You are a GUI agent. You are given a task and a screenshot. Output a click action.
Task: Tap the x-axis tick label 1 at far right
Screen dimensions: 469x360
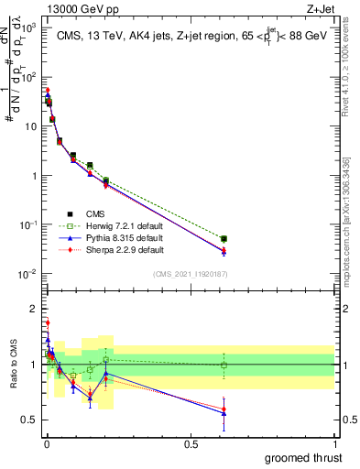pyautogui.click(x=335, y=443)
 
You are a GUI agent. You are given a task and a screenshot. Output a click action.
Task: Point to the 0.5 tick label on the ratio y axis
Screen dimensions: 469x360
pyautogui.click(x=29, y=420)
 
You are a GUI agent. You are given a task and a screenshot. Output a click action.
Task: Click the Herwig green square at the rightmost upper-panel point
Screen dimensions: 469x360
pyautogui.click(x=224, y=239)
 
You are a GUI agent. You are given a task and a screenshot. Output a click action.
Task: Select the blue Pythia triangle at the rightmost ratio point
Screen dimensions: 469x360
pyautogui.click(x=224, y=413)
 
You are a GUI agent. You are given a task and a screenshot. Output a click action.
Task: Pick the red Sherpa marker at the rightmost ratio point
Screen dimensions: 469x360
pyautogui.click(x=224, y=409)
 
